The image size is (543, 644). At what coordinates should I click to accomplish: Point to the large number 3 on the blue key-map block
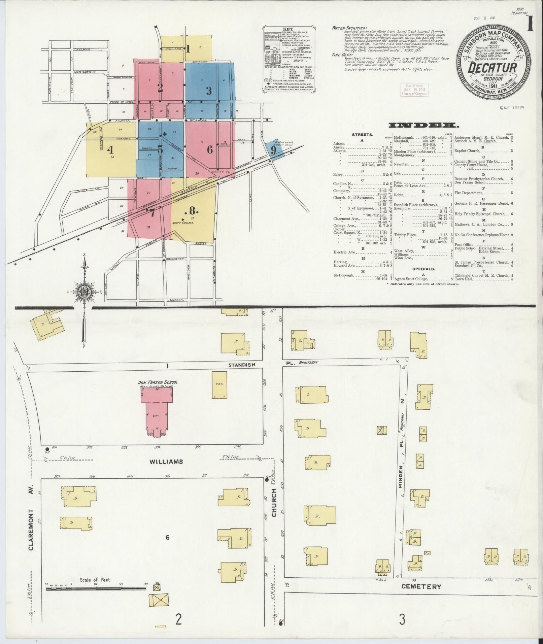pyautogui.click(x=209, y=91)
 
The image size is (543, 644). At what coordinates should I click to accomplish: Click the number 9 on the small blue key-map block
pyautogui.click(x=273, y=150)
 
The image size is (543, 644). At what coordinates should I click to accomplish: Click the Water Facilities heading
pyautogui.click(x=349, y=28)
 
